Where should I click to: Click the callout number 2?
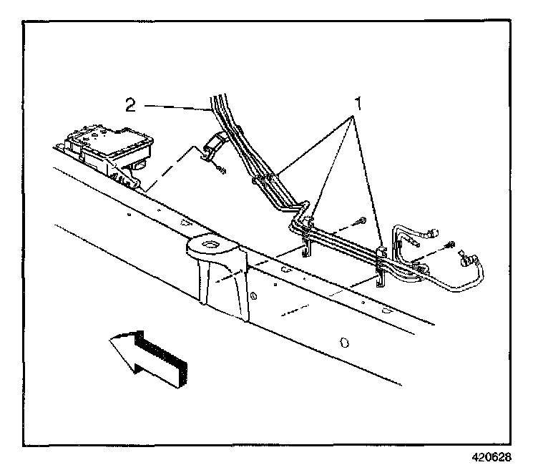coord(130,105)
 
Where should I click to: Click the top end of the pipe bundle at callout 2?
coord(218,100)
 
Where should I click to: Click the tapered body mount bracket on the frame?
coord(217,275)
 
